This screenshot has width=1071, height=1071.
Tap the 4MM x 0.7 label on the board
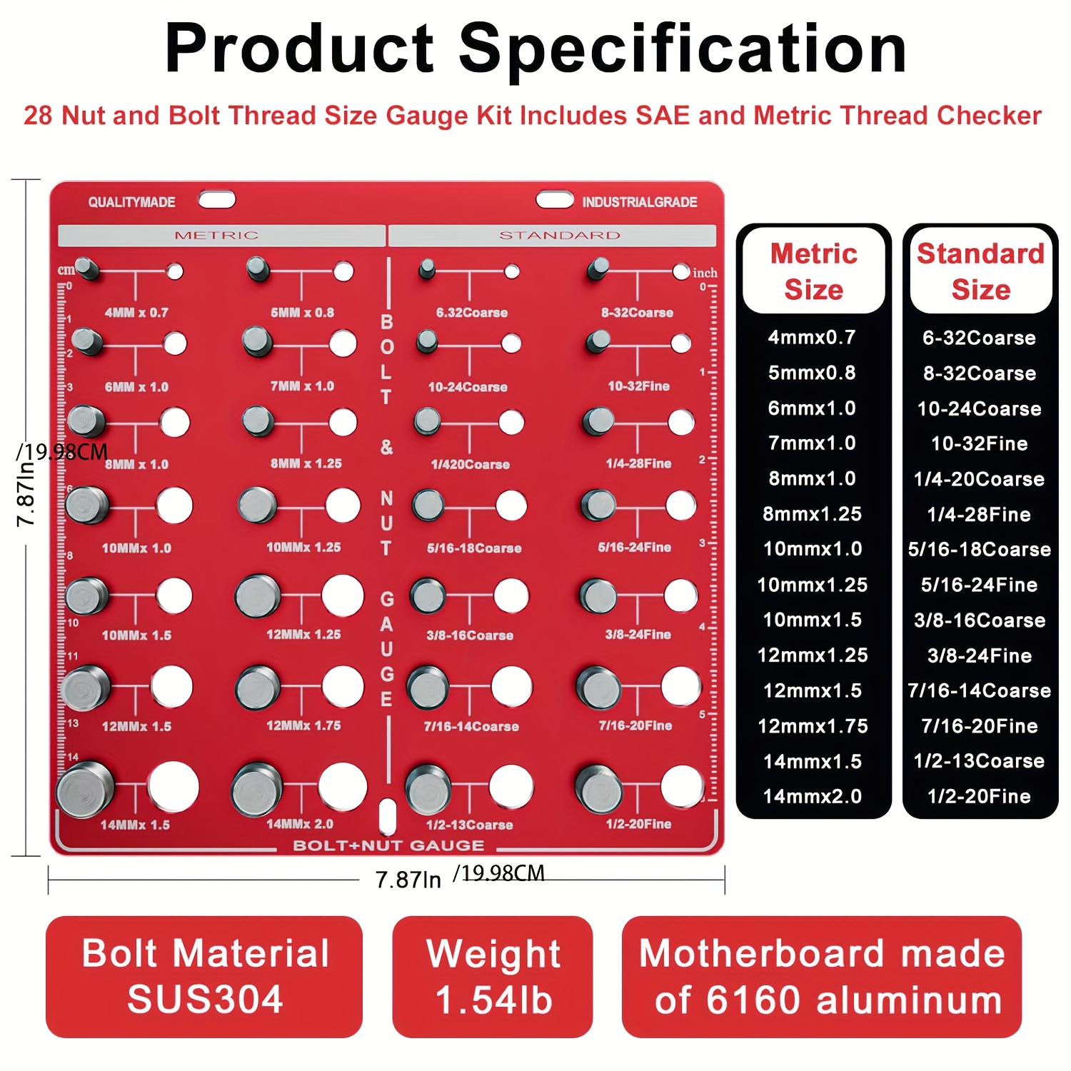point(136,313)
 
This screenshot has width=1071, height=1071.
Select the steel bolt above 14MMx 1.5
point(85,789)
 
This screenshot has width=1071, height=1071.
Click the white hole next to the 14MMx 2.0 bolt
point(343,786)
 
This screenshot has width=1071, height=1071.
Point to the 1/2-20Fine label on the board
point(638,824)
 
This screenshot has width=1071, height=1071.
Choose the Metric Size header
point(814,271)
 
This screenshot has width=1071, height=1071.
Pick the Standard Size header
point(980,271)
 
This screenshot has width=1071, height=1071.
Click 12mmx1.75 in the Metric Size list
point(813,726)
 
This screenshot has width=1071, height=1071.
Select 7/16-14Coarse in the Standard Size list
point(980,690)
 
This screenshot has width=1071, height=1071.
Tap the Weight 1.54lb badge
point(493,976)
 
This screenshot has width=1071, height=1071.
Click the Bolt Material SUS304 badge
point(204,976)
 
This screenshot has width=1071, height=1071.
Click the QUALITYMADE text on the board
point(132,202)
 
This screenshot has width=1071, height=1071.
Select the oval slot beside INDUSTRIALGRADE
point(555,199)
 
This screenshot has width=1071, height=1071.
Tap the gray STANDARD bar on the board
point(552,236)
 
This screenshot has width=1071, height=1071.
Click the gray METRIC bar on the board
point(221,236)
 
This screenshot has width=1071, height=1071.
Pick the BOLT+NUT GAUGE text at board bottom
point(388,845)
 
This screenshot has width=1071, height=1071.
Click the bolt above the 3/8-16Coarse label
point(428,595)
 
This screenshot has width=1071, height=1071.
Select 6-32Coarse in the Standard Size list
point(979,338)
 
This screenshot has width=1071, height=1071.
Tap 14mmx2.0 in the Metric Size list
point(813,796)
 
